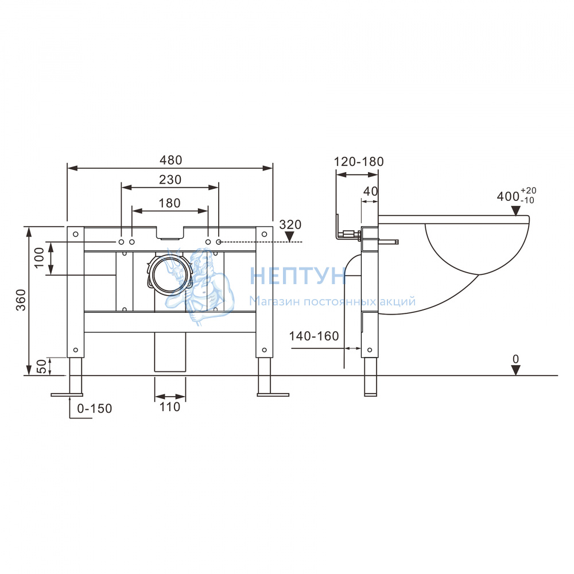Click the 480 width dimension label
pyautogui.click(x=170, y=160)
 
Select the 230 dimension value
pyautogui.click(x=170, y=180)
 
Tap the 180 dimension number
pyautogui.click(x=169, y=203)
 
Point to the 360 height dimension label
pyautogui.click(x=21, y=300)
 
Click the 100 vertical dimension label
pyautogui.click(x=39, y=258)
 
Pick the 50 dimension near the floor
pyautogui.click(x=42, y=366)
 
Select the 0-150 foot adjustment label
pyautogui.click(x=95, y=408)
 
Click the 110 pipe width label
pyautogui.click(x=170, y=407)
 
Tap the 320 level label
pyautogui.click(x=290, y=224)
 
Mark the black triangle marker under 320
pyautogui.click(x=289, y=237)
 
